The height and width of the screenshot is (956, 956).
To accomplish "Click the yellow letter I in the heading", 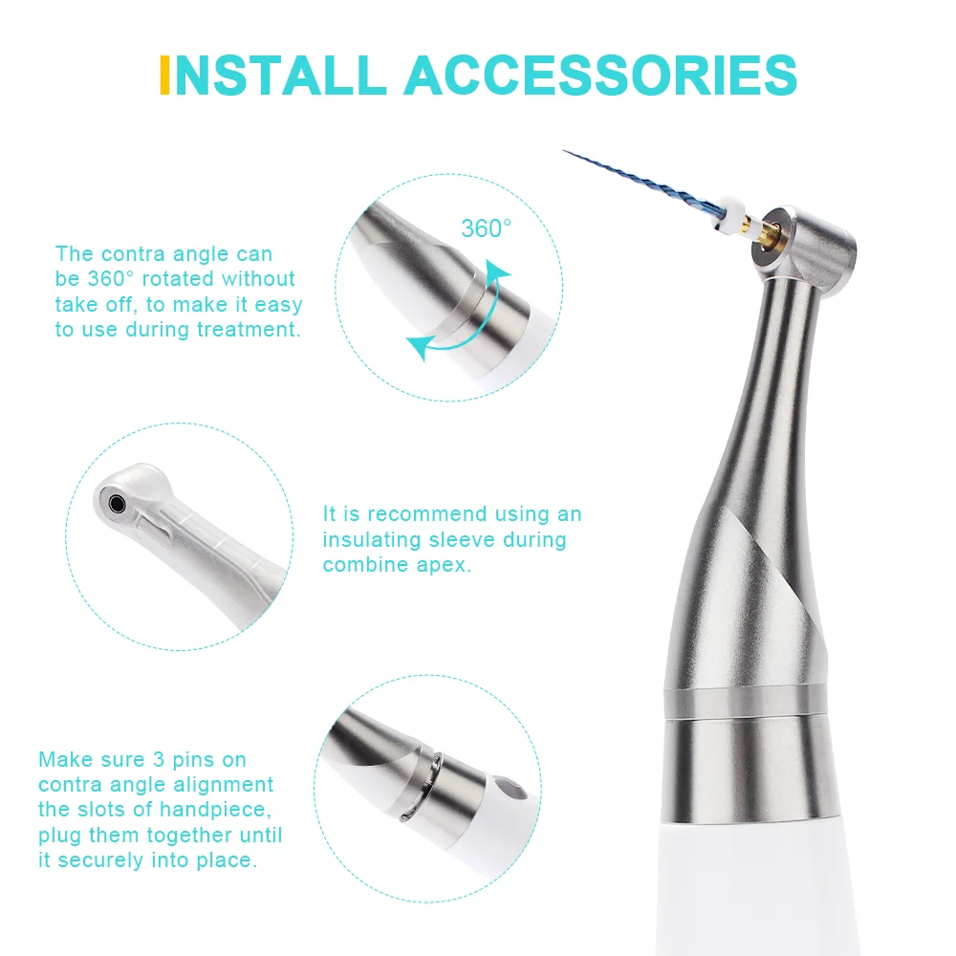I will click(164, 74).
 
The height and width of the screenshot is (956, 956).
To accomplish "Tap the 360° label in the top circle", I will click(487, 228).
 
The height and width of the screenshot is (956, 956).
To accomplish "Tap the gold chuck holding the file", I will click(764, 230).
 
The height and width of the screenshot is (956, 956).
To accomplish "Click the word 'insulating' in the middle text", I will click(365, 540).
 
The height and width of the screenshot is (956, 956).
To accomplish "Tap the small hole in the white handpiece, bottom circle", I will click(517, 791).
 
